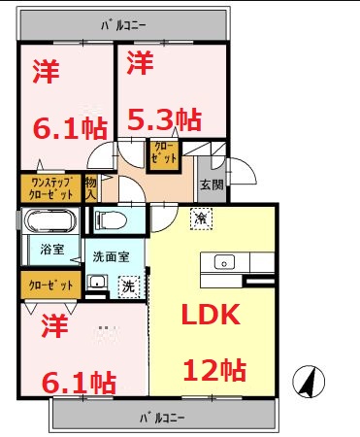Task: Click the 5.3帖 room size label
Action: click(x=165, y=119)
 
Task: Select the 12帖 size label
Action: click(x=214, y=370)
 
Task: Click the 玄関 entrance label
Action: click(x=213, y=184)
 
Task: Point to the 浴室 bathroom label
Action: click(x=52, y=250)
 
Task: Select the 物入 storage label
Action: click(x=91, y=186)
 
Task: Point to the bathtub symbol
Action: click(x=47, y=218)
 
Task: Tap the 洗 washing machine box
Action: click(x=127, y=286)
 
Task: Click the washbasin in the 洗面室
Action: click(x=96, y=284)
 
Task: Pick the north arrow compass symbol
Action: click(x=308, y=381)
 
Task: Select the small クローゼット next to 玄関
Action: click(x=161, y=152)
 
